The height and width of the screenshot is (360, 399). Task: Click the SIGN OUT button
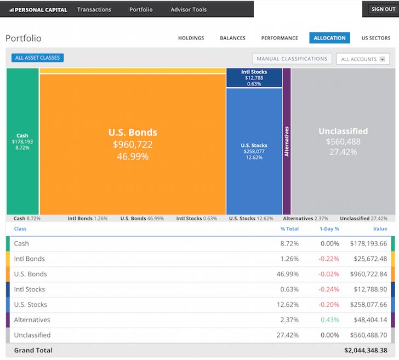[x=383, y=9]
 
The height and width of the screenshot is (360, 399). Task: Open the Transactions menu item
[x=94, y=9]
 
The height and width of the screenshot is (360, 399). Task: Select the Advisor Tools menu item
[x=189, y=9]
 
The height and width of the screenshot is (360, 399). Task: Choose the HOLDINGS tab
[x=191, y=38]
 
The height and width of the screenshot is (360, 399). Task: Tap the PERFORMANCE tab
[x=280, y=38]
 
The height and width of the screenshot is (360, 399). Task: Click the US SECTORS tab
[x=376, y=38]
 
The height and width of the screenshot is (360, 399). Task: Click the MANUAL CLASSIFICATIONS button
[x=292, y=59]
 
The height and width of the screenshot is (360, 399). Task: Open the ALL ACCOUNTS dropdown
[x=362, y=59]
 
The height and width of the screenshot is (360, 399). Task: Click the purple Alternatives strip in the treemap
[x=286, y=141]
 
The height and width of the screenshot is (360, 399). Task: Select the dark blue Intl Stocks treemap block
[x=254, y=78]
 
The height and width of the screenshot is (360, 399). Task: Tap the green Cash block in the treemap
[x=22, y=141]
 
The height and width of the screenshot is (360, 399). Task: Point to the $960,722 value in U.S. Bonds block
[x=133, y=145]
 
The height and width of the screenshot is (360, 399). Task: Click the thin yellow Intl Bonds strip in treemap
[x=133, y=71]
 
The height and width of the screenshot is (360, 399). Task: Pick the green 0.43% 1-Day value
[x=329, y=320]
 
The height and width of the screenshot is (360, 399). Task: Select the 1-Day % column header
[x=329, y=229]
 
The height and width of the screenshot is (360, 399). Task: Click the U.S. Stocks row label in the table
[x=30, y=305]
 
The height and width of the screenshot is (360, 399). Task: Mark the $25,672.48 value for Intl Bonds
[x=368, y=259]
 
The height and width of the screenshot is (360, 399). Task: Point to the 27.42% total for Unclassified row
[x=289, y=335]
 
